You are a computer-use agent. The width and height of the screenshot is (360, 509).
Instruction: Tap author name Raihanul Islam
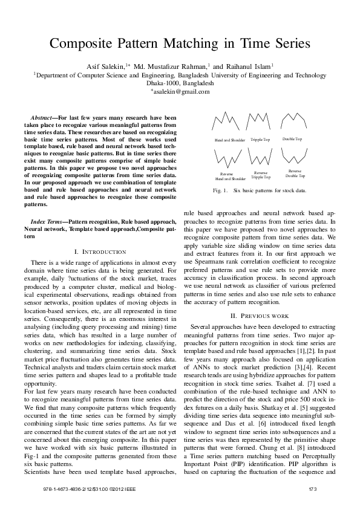(x=249, y=66)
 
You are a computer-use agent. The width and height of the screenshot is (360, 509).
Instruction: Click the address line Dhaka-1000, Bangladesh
(x=180, y=83)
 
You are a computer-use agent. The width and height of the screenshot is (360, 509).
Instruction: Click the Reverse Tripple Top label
(x=261, y=175)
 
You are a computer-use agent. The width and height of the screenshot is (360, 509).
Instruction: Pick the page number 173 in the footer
(x=313, y=488)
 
